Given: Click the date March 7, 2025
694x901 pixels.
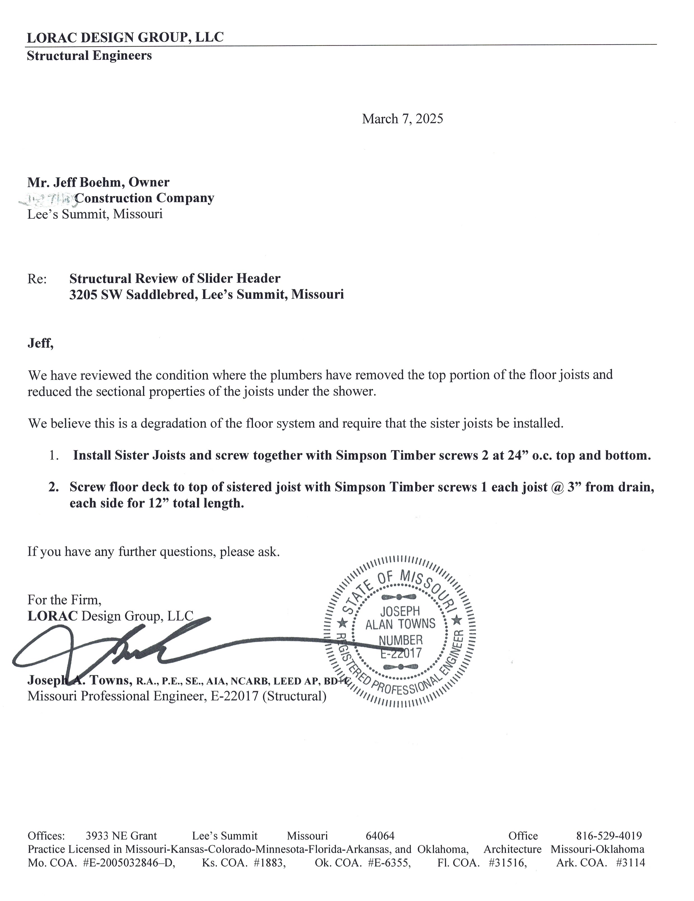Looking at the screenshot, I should click(402, 119).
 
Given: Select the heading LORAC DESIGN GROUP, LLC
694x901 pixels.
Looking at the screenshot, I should click(125, 38).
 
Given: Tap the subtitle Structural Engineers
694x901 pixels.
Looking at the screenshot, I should click(89, 56).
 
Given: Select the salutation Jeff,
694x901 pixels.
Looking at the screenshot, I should click(40, 343).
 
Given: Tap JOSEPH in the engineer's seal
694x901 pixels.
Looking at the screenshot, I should click(400, 611).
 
